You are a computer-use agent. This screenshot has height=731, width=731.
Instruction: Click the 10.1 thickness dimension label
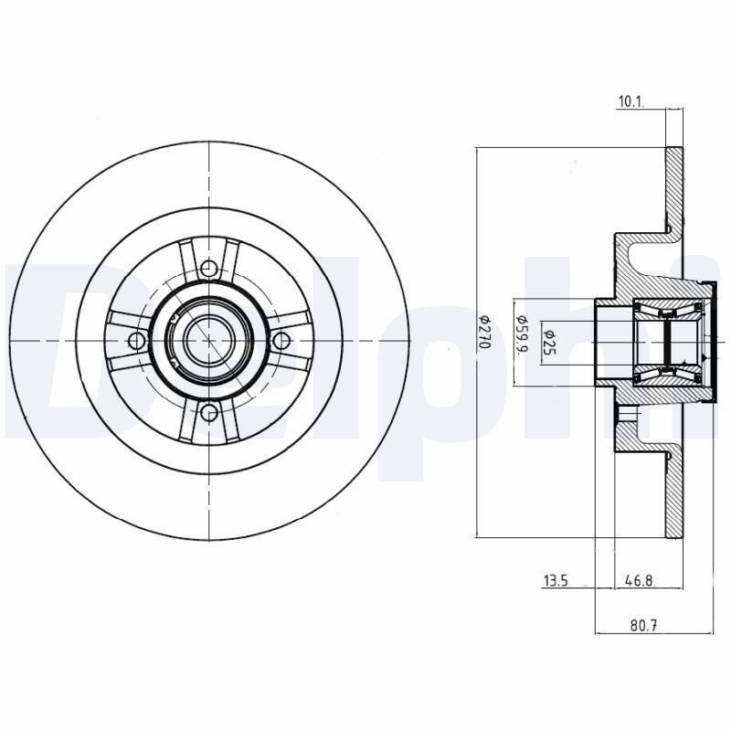630,102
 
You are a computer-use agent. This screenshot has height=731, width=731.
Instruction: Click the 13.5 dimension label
557,580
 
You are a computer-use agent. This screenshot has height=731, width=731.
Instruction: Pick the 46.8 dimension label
639,580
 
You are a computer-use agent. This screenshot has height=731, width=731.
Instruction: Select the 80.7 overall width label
645,626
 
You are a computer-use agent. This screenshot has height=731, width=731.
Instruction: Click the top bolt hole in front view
209,268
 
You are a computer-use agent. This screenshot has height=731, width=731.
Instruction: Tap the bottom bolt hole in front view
209,412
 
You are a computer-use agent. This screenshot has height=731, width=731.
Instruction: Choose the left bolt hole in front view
137,340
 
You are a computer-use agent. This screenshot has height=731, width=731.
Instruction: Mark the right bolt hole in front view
281,340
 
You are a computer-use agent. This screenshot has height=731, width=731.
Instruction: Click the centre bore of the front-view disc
209,340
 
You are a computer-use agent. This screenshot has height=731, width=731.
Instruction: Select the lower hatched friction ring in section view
673,493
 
